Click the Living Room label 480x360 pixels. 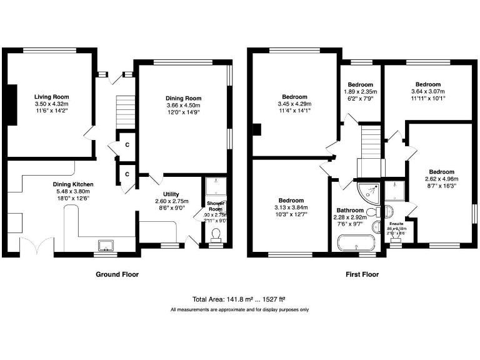point(51,97)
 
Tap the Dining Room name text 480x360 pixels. point(183,98)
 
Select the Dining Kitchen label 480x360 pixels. point(74,184)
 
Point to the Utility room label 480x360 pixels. point(171,194)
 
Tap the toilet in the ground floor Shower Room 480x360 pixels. point(216,235)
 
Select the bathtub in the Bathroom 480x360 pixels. point(355,242)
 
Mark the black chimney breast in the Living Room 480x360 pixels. point(11,103)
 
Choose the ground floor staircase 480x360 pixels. point(126,106)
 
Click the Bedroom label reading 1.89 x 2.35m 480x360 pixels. point(361,84)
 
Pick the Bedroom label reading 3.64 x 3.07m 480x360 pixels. point(428,84)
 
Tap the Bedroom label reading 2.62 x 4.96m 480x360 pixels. point(441,171)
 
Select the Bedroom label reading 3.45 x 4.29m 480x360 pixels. point(294,97)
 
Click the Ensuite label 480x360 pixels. point(397,223)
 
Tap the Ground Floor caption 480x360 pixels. point(117,274)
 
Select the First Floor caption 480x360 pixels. point(362,274)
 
